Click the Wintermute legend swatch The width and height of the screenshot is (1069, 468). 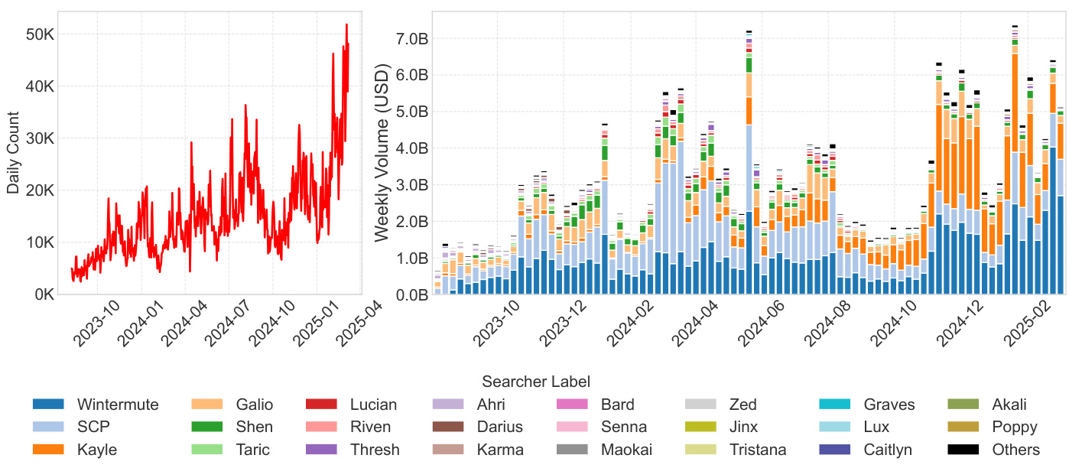pyautogui.click(x=48, y=405)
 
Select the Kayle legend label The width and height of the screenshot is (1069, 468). pyautogui.click(x=97, y=450)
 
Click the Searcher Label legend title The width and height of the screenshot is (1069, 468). pyautogui.click(x=535, y=381)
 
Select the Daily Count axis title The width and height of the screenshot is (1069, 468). pyautogui.click(x=13, y=152)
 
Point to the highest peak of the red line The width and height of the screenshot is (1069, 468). pyautogui.click(x=346, y=24)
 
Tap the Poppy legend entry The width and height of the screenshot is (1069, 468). pyautogui.click(x=1015, y=427)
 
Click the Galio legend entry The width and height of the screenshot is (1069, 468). pyautogui.click(x=255, y=405)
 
